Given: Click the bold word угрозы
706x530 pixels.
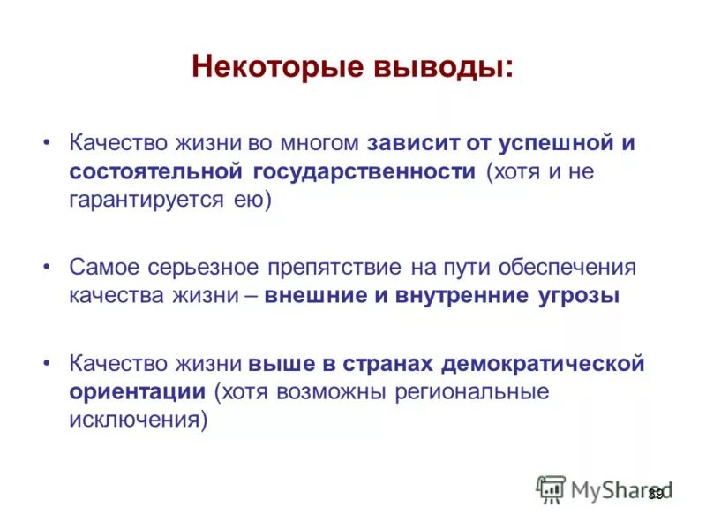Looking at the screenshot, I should (578, 295).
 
